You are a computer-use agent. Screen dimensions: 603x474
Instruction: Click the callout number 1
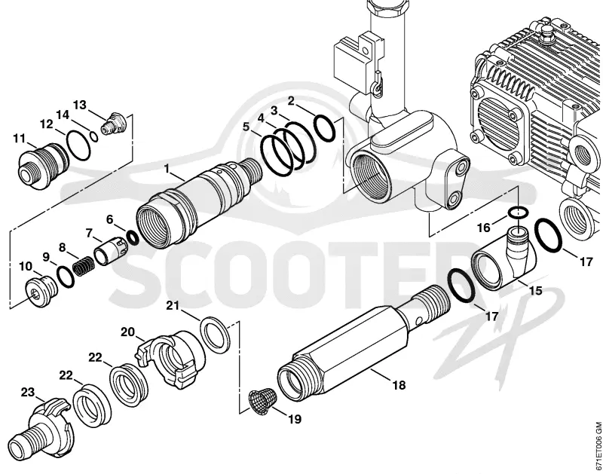click(x=167, y=168)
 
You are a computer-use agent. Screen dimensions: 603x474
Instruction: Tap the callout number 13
click(x=80, y=105)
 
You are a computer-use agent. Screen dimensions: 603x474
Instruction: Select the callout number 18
click(x=399, y=384)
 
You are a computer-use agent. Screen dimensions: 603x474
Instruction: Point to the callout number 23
click(x=28, y=393)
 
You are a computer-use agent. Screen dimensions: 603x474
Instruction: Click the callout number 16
click(x=484, y=228)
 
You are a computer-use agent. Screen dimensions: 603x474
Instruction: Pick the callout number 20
click(x=128, y=332)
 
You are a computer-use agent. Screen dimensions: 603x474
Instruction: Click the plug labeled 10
click(x=41, y=289)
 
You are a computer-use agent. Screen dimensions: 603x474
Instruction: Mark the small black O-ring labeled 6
click(x=133, y=237)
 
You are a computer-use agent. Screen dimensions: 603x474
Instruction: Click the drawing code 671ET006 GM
click(x=598, y=447)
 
